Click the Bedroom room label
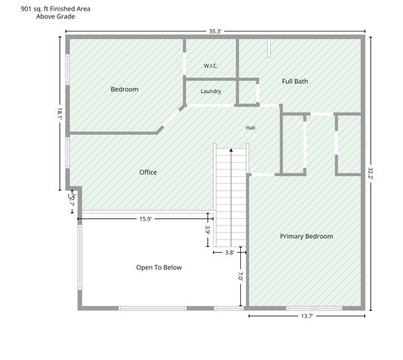coord(125,89)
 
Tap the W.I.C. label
coord(211,66)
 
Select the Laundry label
coord(211,91)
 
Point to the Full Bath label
coord(295,82)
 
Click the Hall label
coord(251,127)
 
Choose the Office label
coord(148,172)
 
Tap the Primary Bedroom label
coord(306,236)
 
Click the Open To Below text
coord(159,268)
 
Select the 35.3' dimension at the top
coord(215,31)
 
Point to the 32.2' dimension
coord(371,174)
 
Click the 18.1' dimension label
coord(59,114)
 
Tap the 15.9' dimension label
coord(146,219)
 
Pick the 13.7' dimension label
coord(307,316)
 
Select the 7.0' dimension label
coord(240,276)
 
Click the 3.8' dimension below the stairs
coord(230,253)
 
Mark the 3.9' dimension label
coord(208,229)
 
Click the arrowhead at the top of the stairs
coord(231,150)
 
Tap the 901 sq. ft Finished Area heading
coord(56,9)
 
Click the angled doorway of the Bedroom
coord(172,118)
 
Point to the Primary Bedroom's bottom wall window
coord(314,308)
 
